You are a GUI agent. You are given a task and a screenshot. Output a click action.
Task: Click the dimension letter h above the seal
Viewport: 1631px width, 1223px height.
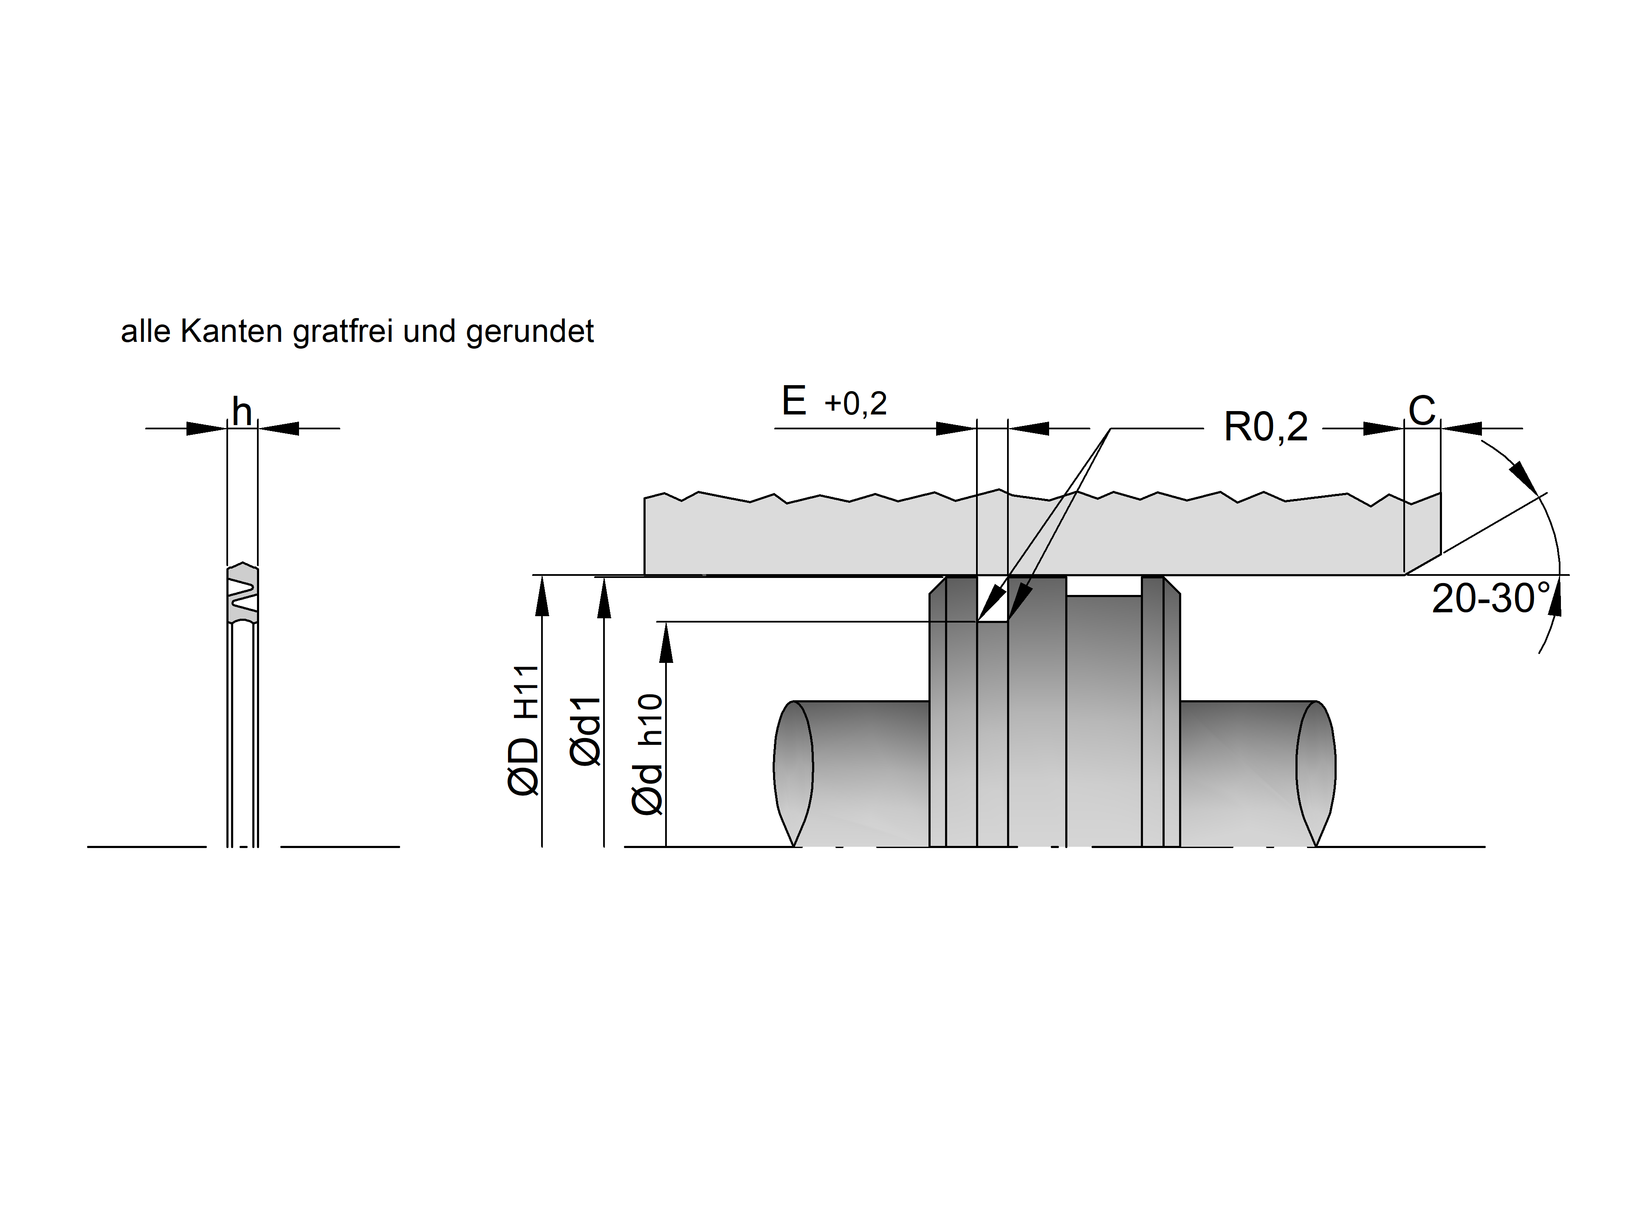242,411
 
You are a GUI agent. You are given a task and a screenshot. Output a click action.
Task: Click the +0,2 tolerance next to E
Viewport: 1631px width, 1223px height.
855,404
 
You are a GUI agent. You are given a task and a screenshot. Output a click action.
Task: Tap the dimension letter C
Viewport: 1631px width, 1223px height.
1422,411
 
